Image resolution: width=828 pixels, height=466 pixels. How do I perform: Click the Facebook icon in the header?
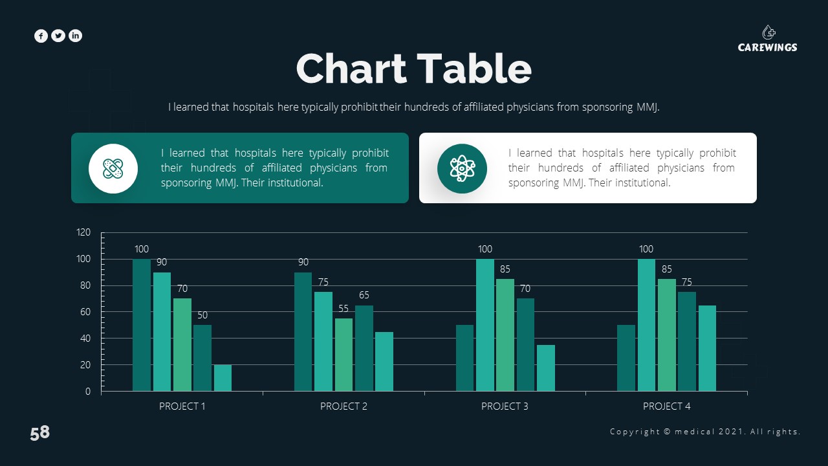[x=41, y=36]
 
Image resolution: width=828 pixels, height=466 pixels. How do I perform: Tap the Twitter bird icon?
[x=58, y=36]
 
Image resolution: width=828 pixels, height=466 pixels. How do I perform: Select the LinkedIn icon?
[x=76, y=36]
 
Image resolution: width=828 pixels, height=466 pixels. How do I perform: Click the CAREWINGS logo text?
[x=767, y=47]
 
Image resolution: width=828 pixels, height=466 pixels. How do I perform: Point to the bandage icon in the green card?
[x=113, y=169]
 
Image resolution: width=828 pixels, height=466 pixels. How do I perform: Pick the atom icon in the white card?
[x=461, y=169]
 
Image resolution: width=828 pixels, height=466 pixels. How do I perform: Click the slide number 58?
[x=39, y=433]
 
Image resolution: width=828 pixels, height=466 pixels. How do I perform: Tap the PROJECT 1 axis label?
[x=182, y=406]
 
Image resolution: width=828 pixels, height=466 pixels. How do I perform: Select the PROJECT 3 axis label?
[x=505, y=406]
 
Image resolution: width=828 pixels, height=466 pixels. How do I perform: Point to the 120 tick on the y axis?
[x=84, y=232]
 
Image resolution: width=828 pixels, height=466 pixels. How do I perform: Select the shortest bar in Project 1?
[x=223, y=378]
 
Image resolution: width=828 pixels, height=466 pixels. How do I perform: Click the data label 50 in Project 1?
[x=202, y=315]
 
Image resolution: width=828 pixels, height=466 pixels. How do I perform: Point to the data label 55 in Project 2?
[x=343, y=309]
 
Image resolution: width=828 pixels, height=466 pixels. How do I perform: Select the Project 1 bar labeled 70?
[x=182, y=344]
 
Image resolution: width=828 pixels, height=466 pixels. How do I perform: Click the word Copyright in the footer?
[x=635, y=432]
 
